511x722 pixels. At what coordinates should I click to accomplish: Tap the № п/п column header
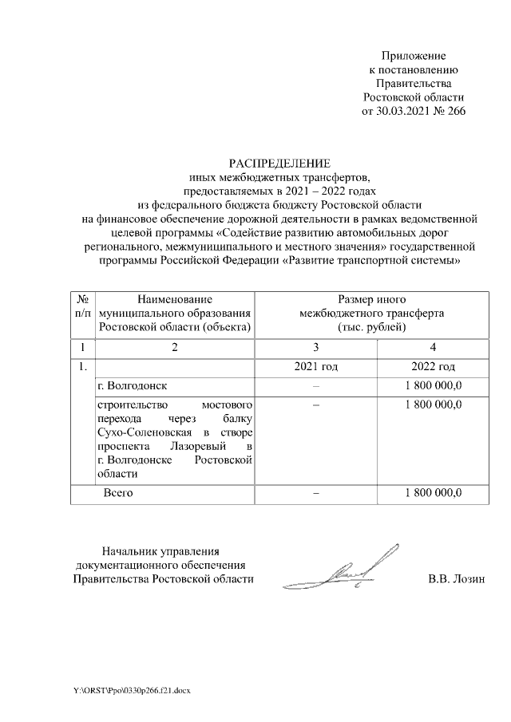pos(82,306)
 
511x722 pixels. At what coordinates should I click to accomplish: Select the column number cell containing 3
pos(316,347)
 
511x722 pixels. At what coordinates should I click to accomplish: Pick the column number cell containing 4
pos(433,347)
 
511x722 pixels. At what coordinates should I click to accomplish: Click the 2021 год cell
pos(316,367)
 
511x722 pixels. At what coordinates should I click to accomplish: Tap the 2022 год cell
pos(433,367)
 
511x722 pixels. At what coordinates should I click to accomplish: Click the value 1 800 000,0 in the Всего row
pos(433,493)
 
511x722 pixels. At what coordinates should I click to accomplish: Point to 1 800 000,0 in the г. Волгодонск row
pos(433,386)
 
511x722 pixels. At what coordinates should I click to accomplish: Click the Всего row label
pos(118,493)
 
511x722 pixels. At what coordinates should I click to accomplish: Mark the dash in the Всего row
pos(316,493)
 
